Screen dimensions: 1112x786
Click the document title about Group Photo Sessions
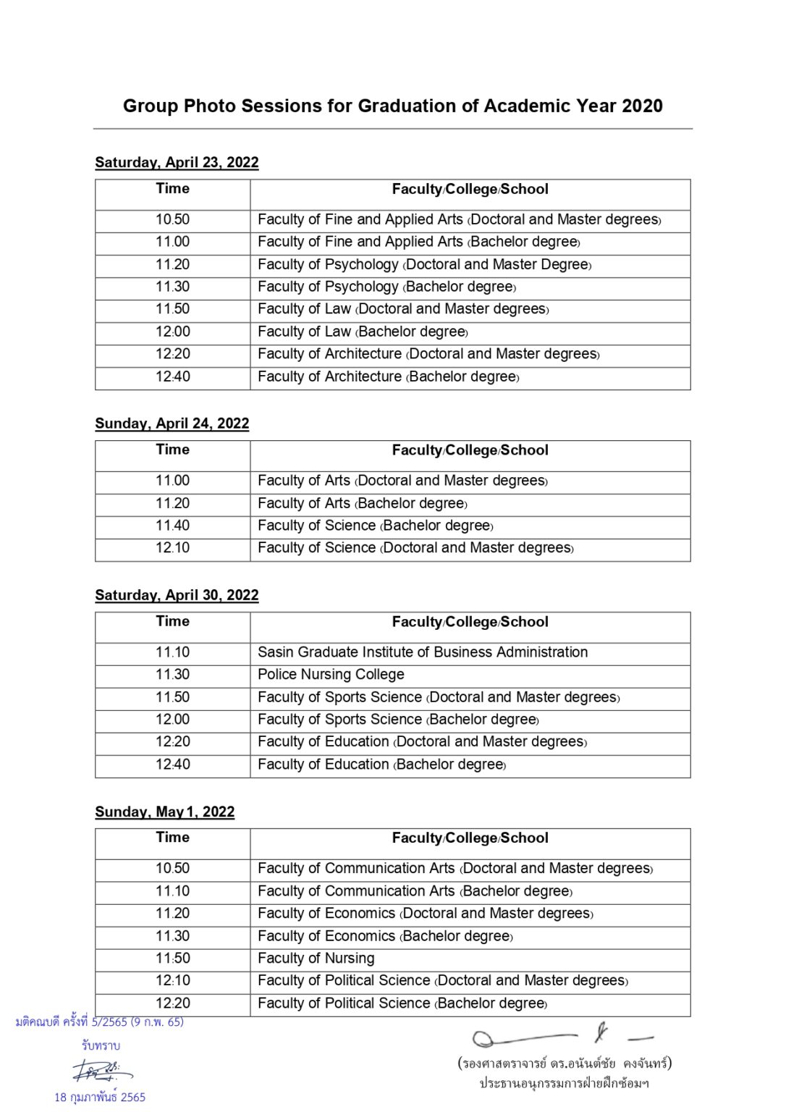[x=392, y=106]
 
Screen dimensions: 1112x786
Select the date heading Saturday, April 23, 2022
[x=177, y=162]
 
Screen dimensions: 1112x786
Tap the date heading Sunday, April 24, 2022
[x=172, y=424]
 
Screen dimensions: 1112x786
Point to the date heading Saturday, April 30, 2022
[x=177, y=595]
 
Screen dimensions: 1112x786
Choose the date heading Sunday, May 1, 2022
[x=164, y=812]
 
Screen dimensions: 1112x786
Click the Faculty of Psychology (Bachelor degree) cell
[x=386, y=287]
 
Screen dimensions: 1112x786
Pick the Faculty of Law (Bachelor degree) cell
[x=363, y=332]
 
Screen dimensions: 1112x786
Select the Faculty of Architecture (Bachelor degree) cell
[x=388, y=376]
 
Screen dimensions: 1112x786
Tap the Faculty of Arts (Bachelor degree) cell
[x=362, y=503]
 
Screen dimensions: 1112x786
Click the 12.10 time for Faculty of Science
[x=172, y=548]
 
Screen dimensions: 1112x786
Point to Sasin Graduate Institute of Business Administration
[x=423, y=652]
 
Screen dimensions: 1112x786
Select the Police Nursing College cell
[x=331, y=675]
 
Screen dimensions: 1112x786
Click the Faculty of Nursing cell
[x=316, y=959]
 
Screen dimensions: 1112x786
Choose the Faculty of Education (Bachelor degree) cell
[x=381, y=764]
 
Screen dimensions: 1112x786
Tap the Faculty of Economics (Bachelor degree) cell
[x=385, y=936]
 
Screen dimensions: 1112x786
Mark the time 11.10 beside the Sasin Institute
[x=172, y=652]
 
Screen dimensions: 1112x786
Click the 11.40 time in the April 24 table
[x=172, y=526]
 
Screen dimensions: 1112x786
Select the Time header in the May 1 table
[x=172, y=838]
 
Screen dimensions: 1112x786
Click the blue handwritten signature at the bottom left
[x=101, y=1070]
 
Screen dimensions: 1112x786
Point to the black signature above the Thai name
[x=561, y=1036]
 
